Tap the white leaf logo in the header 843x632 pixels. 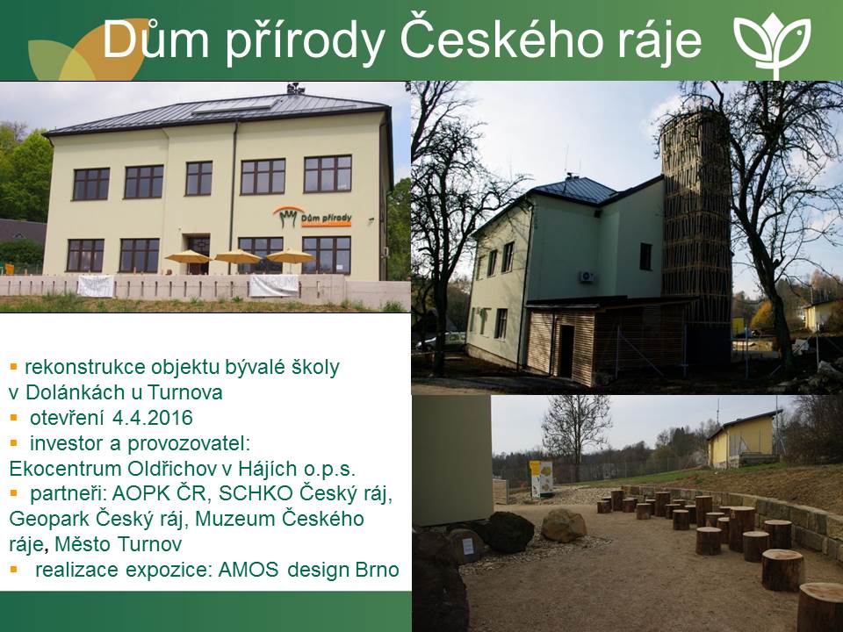773,44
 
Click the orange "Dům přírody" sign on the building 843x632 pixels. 313,217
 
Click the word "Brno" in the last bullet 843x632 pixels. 378,569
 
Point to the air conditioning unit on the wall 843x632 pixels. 587,276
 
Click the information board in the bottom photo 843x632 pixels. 541,478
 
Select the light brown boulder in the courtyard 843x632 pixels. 564,525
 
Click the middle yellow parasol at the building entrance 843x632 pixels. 238,257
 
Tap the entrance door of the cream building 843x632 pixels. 198,254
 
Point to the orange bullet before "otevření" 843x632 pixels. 13,418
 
